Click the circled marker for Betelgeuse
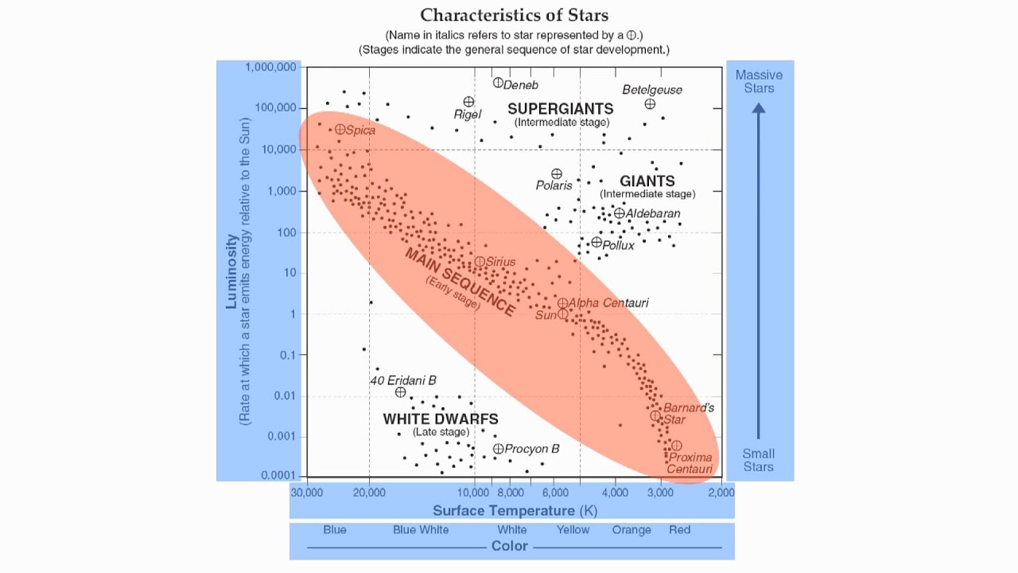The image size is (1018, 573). (650, 103)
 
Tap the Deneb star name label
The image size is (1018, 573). (521, 85)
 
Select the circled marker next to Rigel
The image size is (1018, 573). (468, 102)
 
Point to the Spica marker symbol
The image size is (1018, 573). (340, 129)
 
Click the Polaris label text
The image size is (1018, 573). (554, 185)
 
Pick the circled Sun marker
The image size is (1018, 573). (562, 314)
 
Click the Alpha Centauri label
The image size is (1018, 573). (608, 302)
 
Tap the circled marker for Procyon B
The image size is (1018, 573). (498, 449)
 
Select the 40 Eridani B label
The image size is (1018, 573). (403, 380)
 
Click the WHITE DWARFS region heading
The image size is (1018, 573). (441, 419)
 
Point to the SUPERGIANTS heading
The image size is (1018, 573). (560, 108)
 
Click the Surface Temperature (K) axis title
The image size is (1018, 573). (515, 510)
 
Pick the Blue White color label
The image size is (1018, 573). (421, 530)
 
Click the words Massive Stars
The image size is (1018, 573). (759, 81)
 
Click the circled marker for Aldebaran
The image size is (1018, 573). (619, 213)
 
